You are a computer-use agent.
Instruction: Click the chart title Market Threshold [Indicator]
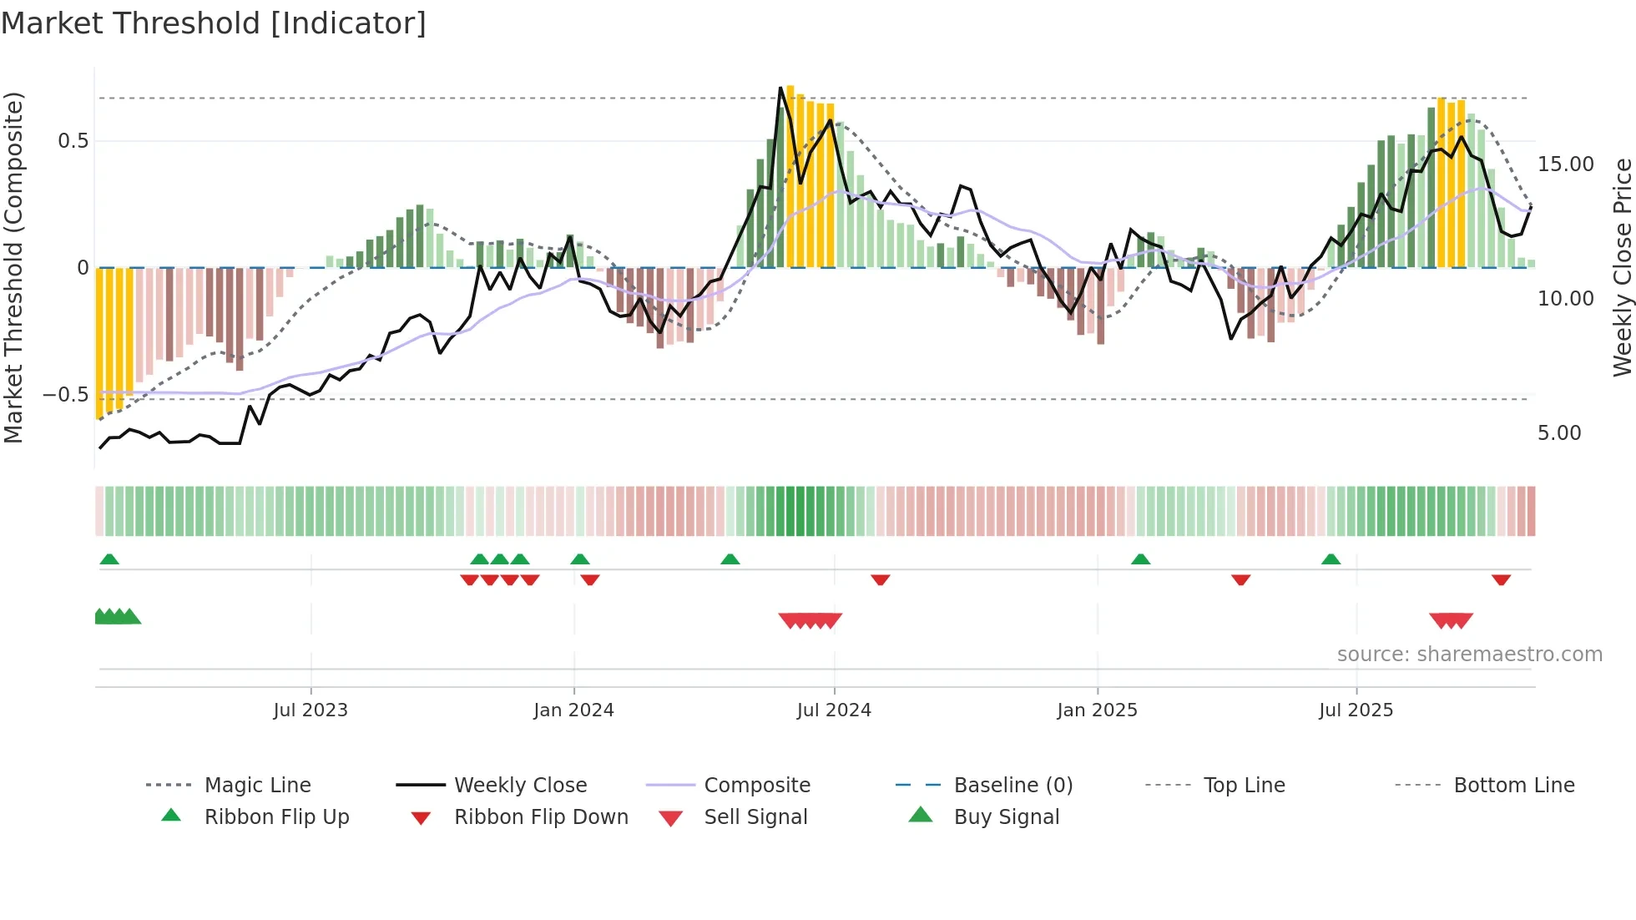click(214, 23)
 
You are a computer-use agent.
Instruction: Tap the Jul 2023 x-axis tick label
click(310, 710)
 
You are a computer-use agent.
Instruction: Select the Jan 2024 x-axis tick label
click(573, 710)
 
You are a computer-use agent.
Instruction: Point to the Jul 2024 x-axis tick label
click(834, 710)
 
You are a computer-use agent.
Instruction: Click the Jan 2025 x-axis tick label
click(1097, 710)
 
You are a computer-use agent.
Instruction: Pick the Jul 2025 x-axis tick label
click(1356, 710)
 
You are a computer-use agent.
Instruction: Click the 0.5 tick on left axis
click(73, 141)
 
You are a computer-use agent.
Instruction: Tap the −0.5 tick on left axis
click(66, 395)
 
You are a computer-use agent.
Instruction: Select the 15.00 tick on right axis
click(1565, 164)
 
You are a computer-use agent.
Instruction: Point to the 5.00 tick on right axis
click(1559, 433)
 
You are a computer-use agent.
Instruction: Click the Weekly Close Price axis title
click(1622, 267)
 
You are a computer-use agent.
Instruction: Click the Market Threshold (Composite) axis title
click(14, 267)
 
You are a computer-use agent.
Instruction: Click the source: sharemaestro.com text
click(1469, 655)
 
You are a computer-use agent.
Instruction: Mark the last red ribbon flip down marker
click(1501, 579)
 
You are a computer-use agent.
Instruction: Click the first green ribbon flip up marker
click(109, 559)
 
